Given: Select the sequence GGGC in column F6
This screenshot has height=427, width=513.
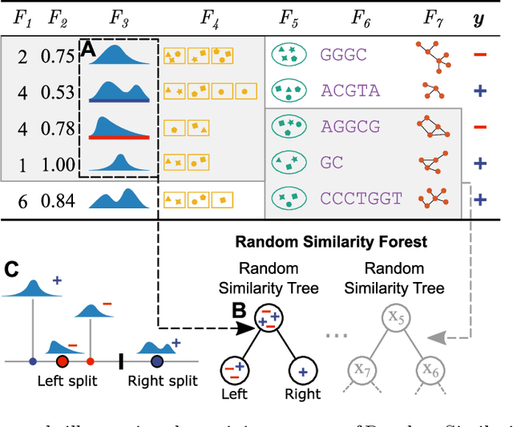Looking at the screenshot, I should [344, 55].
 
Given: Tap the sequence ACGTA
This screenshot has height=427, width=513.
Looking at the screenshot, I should [350, 91].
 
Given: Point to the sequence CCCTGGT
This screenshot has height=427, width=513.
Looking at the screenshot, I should [363, 198].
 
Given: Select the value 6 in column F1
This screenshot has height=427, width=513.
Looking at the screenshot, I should [22, 201].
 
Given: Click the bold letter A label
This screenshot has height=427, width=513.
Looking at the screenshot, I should [89, 50].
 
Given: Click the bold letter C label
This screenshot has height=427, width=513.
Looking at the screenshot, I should [11, 268].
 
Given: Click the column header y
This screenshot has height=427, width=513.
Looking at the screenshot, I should [479, 18].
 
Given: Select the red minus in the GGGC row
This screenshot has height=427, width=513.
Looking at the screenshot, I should [479, 54].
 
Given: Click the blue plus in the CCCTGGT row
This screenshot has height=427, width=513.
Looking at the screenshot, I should [479, 199].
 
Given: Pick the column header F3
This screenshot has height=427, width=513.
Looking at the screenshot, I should [119, 18].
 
